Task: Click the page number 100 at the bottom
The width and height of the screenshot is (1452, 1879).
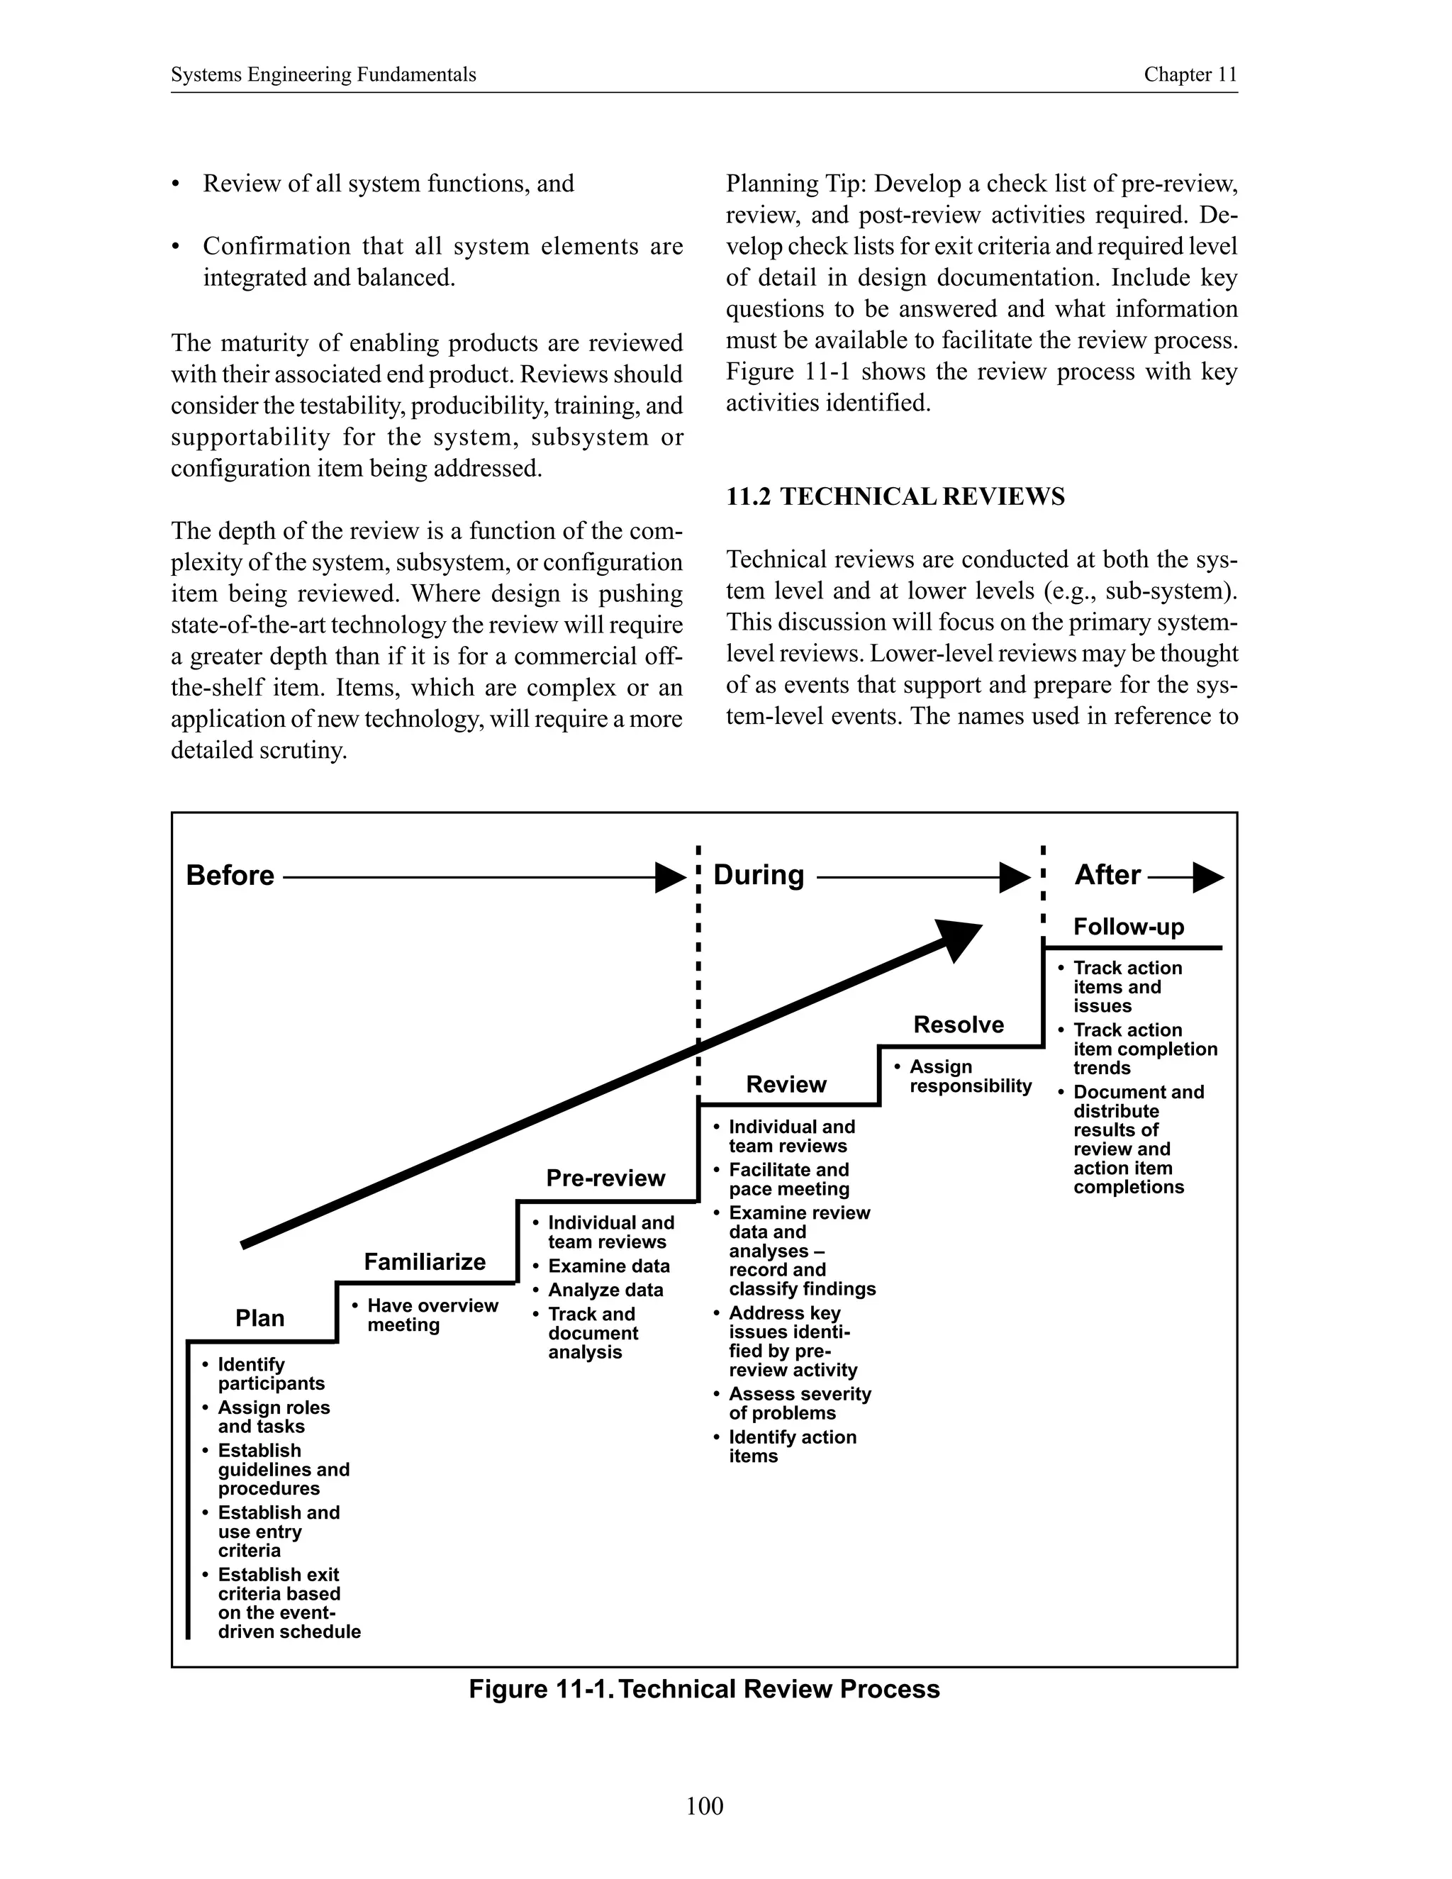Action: pyautogui.click(x=705, y=1806)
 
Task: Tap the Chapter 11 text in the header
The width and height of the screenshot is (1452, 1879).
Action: pyautogui.click(x=1190, y=75)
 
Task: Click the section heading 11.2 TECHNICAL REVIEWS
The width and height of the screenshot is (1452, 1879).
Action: pyautogui.click(x=895, y=497)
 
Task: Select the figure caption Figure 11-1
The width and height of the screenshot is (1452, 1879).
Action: pyautogui.click(x=703, y=1689)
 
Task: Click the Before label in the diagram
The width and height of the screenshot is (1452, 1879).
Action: pyautogui.click(x=230, y=876)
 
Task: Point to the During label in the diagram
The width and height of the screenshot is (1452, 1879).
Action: pyautogui.click(x=758, y=875)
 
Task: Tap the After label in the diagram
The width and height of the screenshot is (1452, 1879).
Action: pyautogui.click(x=1107, y=875)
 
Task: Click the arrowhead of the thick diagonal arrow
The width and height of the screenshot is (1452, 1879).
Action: pyautogui.click(x=959, y=939)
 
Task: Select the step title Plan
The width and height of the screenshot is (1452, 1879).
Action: pyautogui.click(x=259, y=1318)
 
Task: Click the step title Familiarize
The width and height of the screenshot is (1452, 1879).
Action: pyautogui.click(x=424, y=1262)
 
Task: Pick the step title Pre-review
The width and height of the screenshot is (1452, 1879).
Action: pyautogui.click(x=605, y=1178)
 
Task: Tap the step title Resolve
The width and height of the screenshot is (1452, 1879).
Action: pyautogui.click(x=959, y=1025)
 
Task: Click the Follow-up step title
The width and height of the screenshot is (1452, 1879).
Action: pyautogui.click(x=1129, y=927)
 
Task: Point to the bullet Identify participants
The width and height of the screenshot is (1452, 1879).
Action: pyautogui.click(x=270, y=1374)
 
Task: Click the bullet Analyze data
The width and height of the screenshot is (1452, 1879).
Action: pyautogui.click(x=605, y=1290)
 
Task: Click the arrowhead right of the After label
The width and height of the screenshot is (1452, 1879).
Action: pyautogui.click(x=1209, y=878)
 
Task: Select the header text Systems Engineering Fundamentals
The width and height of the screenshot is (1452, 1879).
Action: pyautogui.click(x=323, y=75)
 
